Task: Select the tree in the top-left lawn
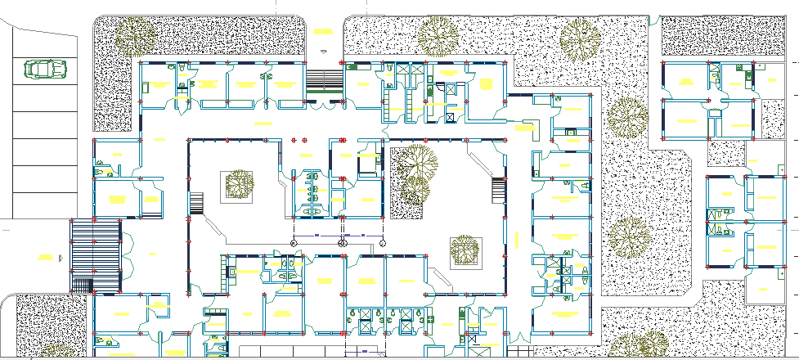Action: pyautogui.click(x=134, y=34)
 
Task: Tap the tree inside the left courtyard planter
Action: pyautogui.click(x=240, y=183)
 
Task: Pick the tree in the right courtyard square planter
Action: pyautogui.click(x=465, y=249)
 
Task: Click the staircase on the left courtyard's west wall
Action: pyautogui.click(x=196, y=205)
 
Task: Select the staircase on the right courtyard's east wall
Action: pyautogui.click(x=499, y=191)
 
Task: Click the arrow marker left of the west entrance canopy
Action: pyautogui.click(x=61, y=258)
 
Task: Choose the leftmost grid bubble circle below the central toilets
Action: pyautogui.click(x=294, y=243)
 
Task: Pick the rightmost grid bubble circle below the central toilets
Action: pyautogui.click(x=382, y=243)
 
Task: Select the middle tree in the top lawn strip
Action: pyautogui.click(x=438, y=37)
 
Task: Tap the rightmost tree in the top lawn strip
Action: pyautogui.click(x=581, y=38)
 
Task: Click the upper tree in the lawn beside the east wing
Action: pyautogui.click(x=627, y=119)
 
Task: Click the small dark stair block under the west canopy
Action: pyautogui.click(x=83, y=286)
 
